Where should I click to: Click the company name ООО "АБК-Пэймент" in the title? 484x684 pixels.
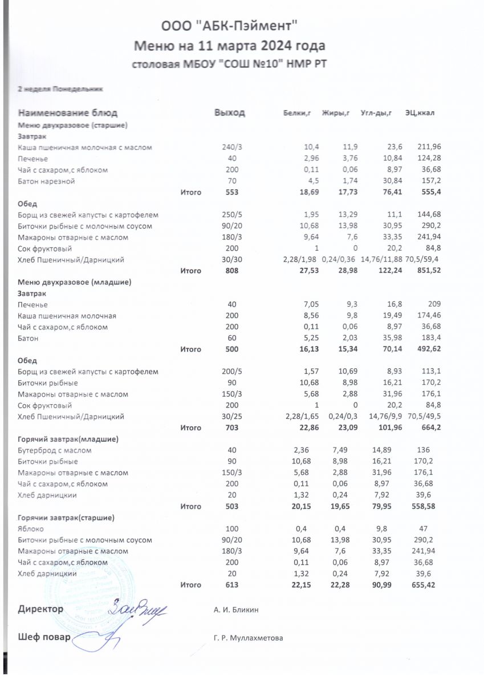point(230,26)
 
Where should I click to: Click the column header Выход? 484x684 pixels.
point(229,113)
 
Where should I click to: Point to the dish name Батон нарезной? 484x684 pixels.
point(46,181)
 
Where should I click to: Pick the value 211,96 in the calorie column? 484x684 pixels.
point(428,147)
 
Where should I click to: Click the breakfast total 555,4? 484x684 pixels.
point(430,193)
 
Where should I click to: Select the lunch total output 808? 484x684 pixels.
point(231,271)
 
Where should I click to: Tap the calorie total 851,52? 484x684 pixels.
point(428,271)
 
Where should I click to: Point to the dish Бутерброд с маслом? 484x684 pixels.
point(54,450)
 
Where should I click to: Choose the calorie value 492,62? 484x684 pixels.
point(428,349)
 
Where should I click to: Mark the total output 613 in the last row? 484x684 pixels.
point(231,585)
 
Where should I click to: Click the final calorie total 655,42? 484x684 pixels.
point(428,585)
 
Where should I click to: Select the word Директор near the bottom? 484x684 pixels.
point(40,609)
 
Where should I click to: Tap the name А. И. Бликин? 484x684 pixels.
point(236,610)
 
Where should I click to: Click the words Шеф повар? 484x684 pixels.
point(44,637)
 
